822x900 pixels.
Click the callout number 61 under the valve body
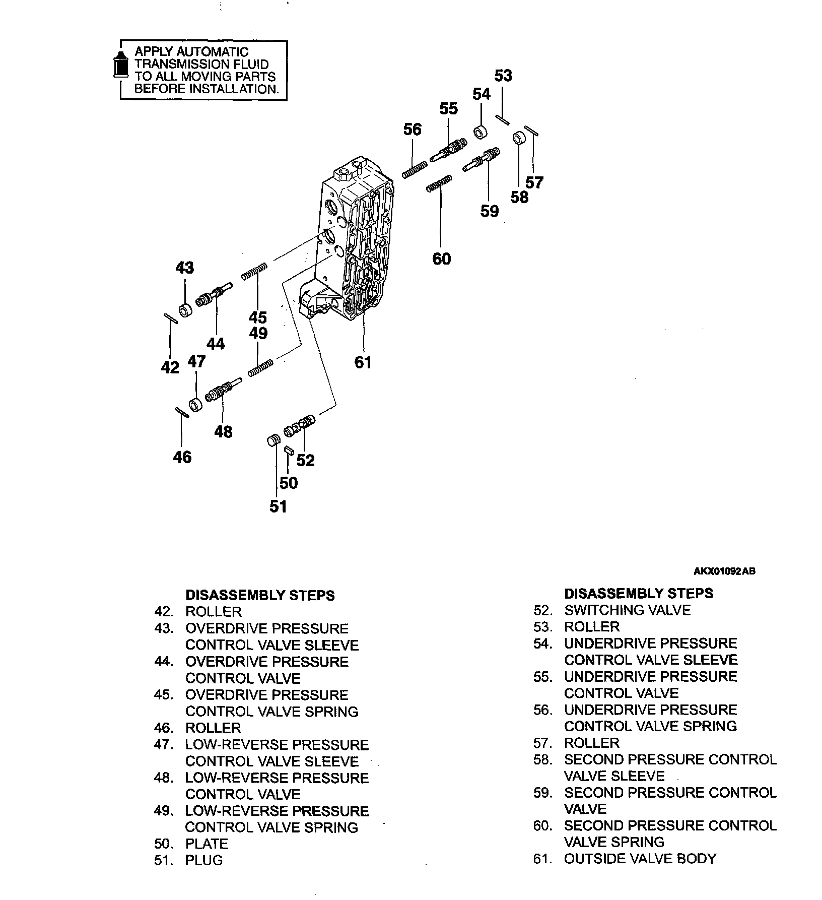click(x=363, y=362)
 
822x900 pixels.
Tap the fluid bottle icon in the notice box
click(x=119, y=65)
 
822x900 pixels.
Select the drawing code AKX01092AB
click(x=724, y=571)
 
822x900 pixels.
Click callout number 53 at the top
click(x=503, y=76)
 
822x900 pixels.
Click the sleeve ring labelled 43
click(x=186, y=309)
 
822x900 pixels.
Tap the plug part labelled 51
click(x=272, y=441)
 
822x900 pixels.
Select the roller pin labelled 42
click(x=170, y=318)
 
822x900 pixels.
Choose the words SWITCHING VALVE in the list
click(x=627, y=610)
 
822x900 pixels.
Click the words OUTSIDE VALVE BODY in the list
click(x=640, y=859)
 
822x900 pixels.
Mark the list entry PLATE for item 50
click(x=207, y=844)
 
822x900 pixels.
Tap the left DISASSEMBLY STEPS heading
click(x=260, y=595)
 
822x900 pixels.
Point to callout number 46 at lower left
click(x=182, y=457)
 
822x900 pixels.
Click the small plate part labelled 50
click(x=288, y=451)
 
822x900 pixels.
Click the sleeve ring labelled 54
click(x=480, y=133)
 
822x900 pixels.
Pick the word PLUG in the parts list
click(x=204, y=860)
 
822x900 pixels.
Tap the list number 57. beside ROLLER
click(x=543, y=743)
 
